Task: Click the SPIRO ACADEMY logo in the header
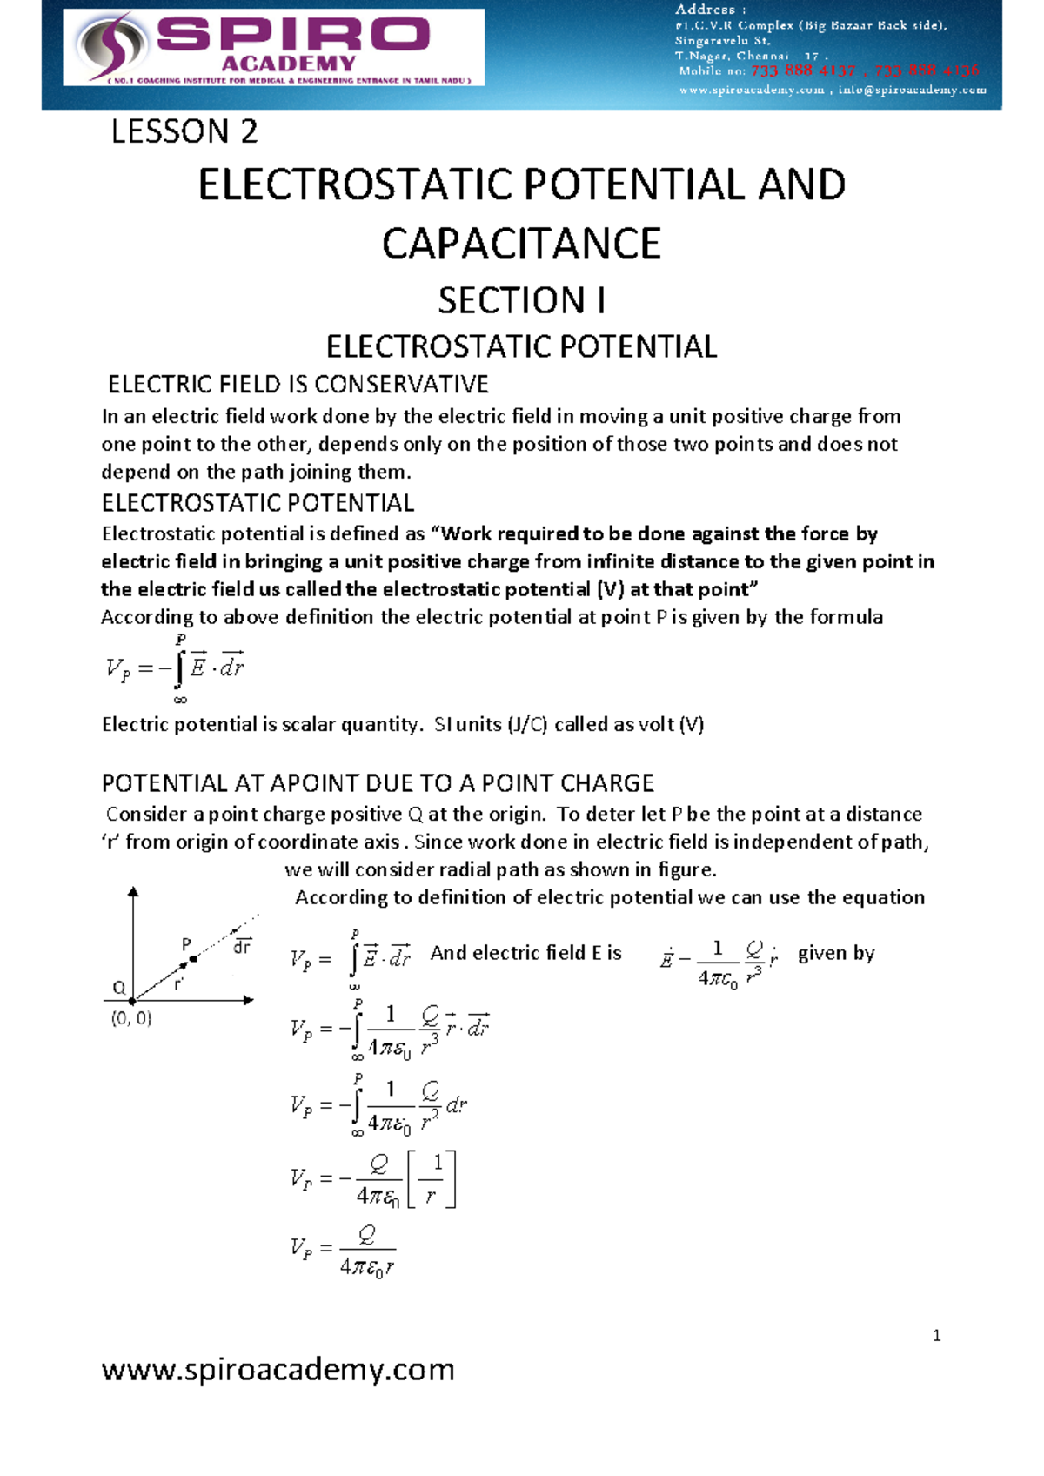click(273, 47)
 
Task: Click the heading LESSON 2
click(184, 131)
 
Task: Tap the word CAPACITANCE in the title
click(521, 244)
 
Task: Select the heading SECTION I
click(521, 300)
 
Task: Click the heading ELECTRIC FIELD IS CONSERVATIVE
click(298, 384)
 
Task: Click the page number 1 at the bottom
click(936, 1336)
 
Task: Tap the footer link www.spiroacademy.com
click(278, 1369)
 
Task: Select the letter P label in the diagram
click(185, 944)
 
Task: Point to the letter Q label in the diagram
click(119, 988)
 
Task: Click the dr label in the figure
click(242, 946)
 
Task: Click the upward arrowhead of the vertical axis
click(133, 892)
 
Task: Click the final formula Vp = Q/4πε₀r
click(344, 1250)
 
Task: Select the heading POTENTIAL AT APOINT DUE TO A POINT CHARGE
click(378, 783)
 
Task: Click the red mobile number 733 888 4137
click(803, 70)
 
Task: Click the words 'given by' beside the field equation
click(836, 953)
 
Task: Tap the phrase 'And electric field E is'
click(525, 953)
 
